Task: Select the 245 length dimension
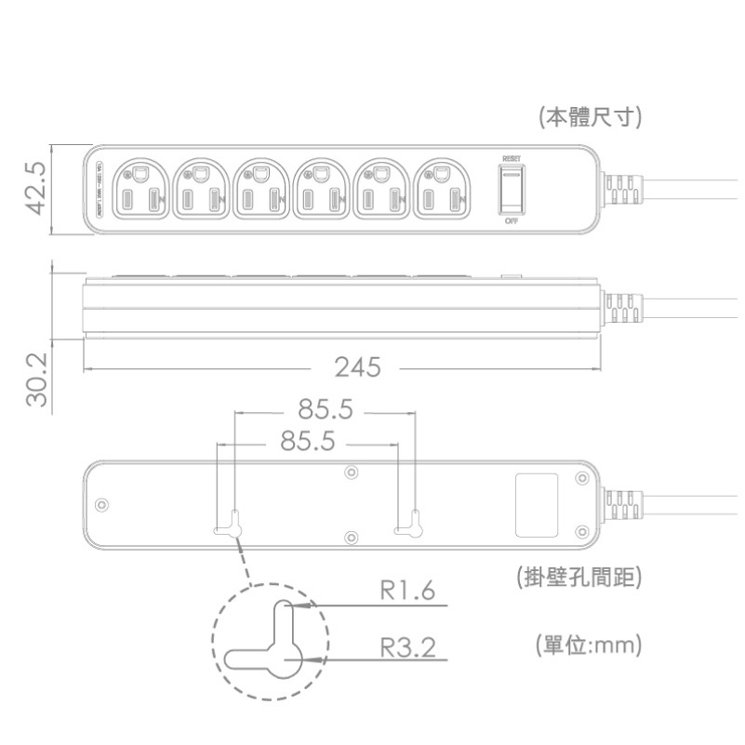[358, 367]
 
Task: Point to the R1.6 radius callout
[407, 592]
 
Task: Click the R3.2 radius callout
[407, 647]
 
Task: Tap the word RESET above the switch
[511, 159]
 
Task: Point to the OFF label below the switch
[511, 222]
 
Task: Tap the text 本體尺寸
[592, 117]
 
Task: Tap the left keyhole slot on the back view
[230, 528]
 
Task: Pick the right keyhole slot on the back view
[409, 528]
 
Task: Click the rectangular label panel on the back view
[536, 505]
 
